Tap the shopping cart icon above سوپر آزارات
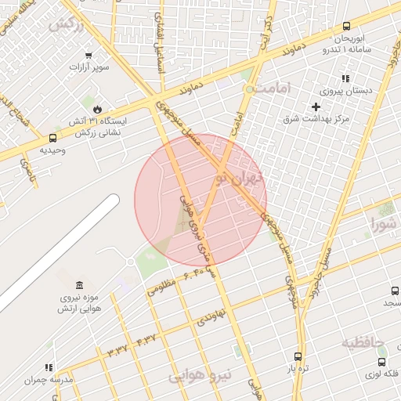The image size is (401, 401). (89, 55)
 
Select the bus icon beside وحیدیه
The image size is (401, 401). (52, 137)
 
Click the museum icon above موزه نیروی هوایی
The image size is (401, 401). (78, 285)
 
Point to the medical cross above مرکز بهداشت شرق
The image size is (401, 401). (316, 107)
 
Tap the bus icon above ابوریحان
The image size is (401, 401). (347, 27)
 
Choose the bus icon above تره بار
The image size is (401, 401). (297, 356)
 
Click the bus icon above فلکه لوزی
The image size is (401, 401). (381, 362)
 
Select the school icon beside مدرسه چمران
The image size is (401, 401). (49, 367)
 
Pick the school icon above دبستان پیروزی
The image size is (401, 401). (345, 78)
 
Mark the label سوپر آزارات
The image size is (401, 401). (89, 67)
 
